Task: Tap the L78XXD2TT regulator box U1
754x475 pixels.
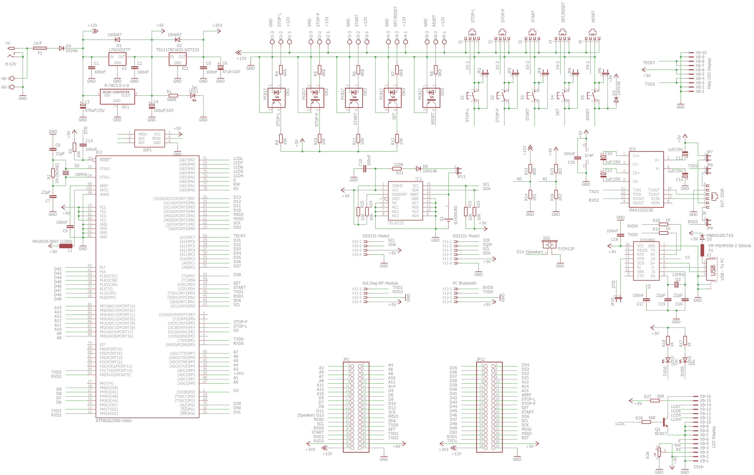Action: click(117, 59)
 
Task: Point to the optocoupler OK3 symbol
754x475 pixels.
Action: click(354, 98)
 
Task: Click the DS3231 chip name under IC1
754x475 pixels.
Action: click(396, 223)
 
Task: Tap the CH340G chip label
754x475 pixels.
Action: click(647, 240)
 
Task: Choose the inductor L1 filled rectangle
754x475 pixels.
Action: click(66, 246)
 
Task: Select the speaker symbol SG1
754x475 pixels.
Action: click(549, 244)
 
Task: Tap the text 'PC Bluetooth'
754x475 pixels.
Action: click(464, 283)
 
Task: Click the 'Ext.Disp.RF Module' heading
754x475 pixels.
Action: click(380, 283)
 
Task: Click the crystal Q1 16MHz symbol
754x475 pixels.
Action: click(66, 173)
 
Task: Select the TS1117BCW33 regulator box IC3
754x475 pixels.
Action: click(178, 59)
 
